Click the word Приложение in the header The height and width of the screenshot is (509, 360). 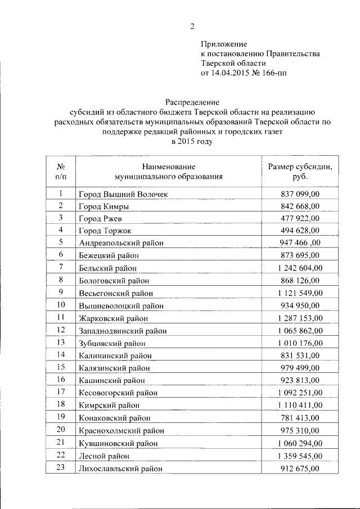coord(224,43)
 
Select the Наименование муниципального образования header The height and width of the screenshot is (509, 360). coord(168,171)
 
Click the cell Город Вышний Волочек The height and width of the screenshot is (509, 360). coord(123,194)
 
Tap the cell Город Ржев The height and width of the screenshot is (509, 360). coord(100,218)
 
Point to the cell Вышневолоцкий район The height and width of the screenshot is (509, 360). coord(121,305)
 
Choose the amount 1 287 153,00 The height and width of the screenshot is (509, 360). coord(300,318)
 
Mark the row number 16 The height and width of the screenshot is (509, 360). coord(60,380)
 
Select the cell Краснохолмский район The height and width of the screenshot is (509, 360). coord(121,430)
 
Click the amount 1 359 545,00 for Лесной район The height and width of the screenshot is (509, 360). coord(300,455)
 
